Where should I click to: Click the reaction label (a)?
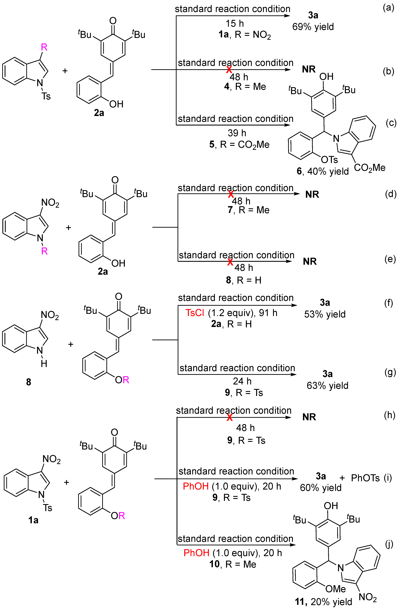(388, 8)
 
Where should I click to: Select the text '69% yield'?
(313, 27)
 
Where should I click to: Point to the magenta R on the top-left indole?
(44, 47)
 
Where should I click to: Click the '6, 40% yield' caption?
(323, 171)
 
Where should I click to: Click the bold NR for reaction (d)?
(312, 194)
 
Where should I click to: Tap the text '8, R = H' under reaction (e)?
(244, 280)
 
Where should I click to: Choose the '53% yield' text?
(325, 314)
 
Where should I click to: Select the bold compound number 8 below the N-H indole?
(28, 382)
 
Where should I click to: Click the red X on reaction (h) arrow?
(230, 417)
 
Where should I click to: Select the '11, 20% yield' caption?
(323, 602)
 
